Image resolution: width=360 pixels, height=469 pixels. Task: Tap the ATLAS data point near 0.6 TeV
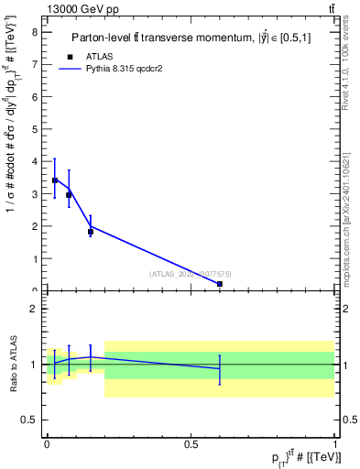(x=220, y=284)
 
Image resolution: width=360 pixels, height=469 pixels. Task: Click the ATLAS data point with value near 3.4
(x=55, y=180)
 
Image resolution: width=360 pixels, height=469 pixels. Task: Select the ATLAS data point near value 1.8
(x=90, y=232)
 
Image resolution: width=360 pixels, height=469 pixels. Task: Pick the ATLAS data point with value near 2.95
(x=69, y=194)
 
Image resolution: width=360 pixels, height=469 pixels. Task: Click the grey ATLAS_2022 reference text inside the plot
(x=191, y=273)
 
